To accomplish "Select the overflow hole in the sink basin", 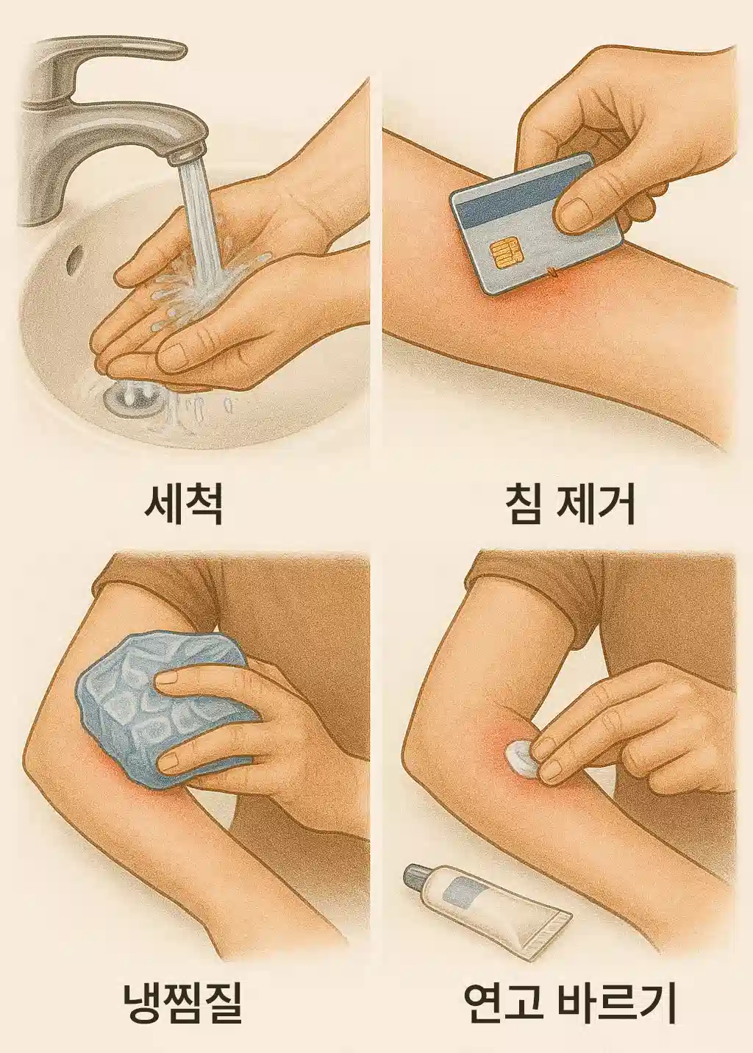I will click(x=72, y=259).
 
